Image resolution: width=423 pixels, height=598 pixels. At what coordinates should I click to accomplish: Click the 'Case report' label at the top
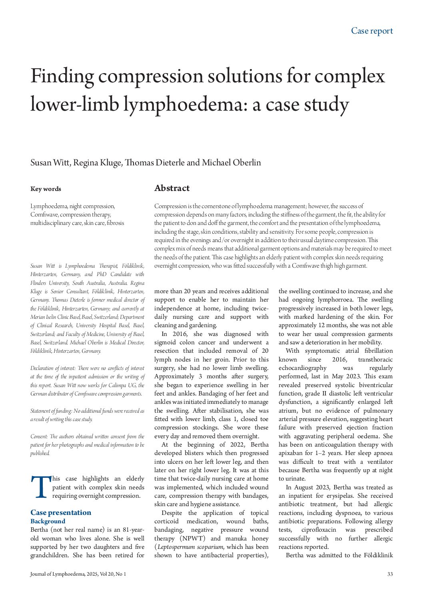coord(372,31)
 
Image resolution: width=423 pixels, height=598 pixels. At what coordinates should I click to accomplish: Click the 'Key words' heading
coord(46,189)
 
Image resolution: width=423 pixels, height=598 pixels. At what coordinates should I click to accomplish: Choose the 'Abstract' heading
coord(172,188)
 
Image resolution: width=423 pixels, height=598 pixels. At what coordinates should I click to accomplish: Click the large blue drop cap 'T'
coord(41,487)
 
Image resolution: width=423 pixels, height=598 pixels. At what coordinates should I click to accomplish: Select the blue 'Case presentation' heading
coord(61,513)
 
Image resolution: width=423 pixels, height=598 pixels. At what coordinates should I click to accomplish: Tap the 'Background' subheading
coord(48,521)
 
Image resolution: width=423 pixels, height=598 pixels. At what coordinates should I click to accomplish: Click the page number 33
coord(390,574)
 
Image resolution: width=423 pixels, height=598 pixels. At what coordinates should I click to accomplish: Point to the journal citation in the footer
coord(78,574)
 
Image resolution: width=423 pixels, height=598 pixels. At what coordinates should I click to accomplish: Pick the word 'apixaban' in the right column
coord(291,453)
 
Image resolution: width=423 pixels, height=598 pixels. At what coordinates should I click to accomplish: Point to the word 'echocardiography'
coord(303,368)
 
